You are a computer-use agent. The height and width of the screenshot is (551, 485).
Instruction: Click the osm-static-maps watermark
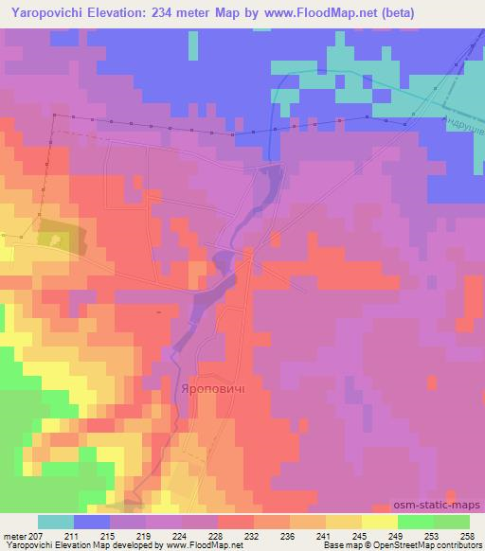[x=444, y=506]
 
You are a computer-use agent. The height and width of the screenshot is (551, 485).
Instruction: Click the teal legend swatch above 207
[x=56, y=522]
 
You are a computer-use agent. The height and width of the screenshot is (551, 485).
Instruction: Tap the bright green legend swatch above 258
[x=452, y=522]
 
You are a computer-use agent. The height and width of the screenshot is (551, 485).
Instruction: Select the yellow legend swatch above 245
[x=380, y=522]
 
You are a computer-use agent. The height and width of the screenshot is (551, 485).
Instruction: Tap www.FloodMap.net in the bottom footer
[x=203, y=545]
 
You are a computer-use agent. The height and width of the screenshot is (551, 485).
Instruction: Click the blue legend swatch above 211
[x=92, y=522]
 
